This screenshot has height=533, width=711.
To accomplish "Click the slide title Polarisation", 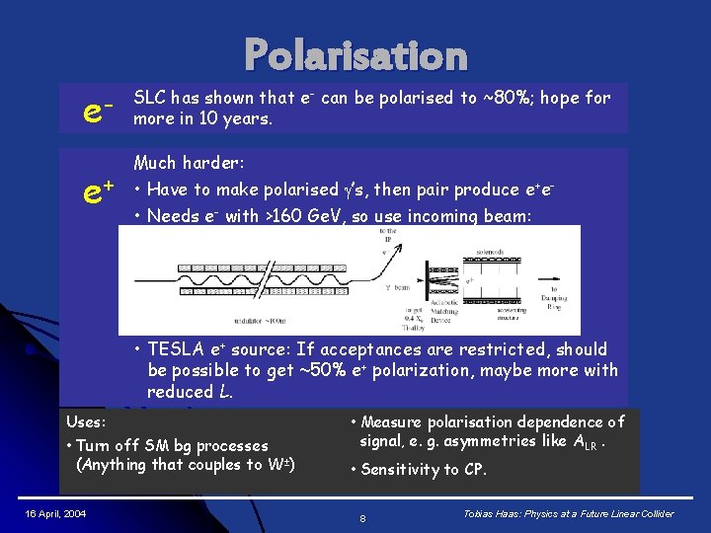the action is pos(355,55).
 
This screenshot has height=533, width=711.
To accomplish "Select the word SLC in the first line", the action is pos(149,98).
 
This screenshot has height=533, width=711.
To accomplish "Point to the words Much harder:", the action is pos(189,162).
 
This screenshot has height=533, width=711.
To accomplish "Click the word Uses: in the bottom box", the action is pos(85,422).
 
